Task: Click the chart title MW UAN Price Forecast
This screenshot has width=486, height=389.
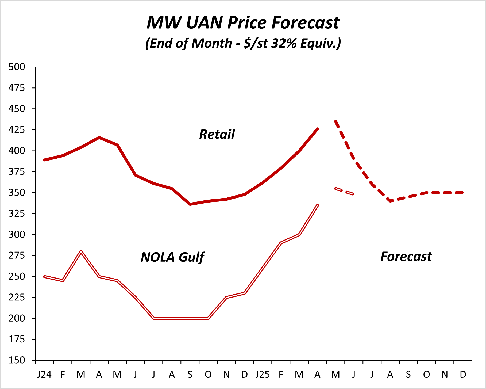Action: click(x=243, y=22)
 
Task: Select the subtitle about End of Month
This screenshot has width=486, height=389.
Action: click(x=243, y=43)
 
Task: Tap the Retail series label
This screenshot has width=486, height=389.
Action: click(x=217, y=134)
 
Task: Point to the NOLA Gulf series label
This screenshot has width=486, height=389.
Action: click(x=172, y=257)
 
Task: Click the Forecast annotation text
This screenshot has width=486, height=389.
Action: click(x=406, y=257)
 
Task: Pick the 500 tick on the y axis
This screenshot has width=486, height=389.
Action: click(x=17, y=67)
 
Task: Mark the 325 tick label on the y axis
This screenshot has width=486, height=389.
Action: click(x=17, y=213)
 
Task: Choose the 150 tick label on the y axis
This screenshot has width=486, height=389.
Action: click(x=17, y=360)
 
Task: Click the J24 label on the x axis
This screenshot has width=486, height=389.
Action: click(x=44, y=375)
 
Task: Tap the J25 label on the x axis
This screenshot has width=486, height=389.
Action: click(x=263, y=375)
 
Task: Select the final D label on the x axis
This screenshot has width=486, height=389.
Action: click(x=463, y=375)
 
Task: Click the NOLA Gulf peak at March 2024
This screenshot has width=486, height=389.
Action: click(x=81, y=252)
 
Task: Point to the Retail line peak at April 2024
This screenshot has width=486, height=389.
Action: click(x=99, y=138)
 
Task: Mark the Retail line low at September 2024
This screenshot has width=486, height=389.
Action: click(x=190, y=204)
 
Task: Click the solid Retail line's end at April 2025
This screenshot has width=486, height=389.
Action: click(x=317, y=129)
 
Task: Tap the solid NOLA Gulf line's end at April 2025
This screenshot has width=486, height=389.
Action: click(x=317, y=205)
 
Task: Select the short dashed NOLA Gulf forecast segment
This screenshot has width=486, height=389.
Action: click(x=344, y=191)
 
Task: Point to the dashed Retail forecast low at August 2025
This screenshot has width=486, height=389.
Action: click(x=391, y=201)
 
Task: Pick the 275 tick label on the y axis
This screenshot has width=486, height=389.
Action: click(x=17, y=255)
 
